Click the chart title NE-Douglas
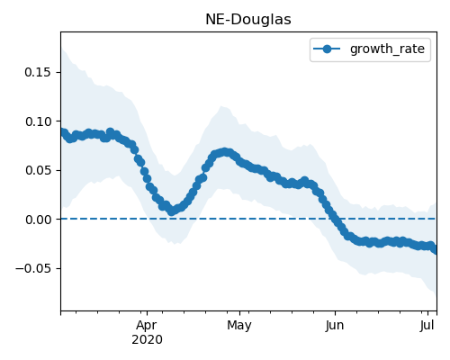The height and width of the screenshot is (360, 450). [x=248, y=20]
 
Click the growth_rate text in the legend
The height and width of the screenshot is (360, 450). [x=387, y=49]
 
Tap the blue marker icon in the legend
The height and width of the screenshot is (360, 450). [x=327, y=49]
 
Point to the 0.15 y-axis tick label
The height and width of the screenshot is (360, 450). [x=38, y=72]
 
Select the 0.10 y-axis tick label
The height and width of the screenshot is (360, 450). [x=38, y=121]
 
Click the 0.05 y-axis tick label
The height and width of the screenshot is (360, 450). [x=38, y=170]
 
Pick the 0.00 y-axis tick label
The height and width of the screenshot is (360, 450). [x=38, y=220]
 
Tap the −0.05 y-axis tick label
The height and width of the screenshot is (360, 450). [x=33, y=268]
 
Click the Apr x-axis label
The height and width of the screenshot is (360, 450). [x=147, y=325]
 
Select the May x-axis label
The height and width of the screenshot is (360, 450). [x=239, y=325]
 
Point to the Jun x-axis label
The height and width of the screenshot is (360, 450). [x=335, y=325]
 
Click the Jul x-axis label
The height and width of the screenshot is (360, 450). [x=427, y=325]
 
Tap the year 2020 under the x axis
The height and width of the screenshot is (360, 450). [x=147, y=339]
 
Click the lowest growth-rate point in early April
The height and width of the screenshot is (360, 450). [x=171, y=211]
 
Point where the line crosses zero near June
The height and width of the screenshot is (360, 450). [x=334, y=219]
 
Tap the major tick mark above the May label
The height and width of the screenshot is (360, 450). [x=239, y=313]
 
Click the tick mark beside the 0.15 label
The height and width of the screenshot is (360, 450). [x=58, y=72]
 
